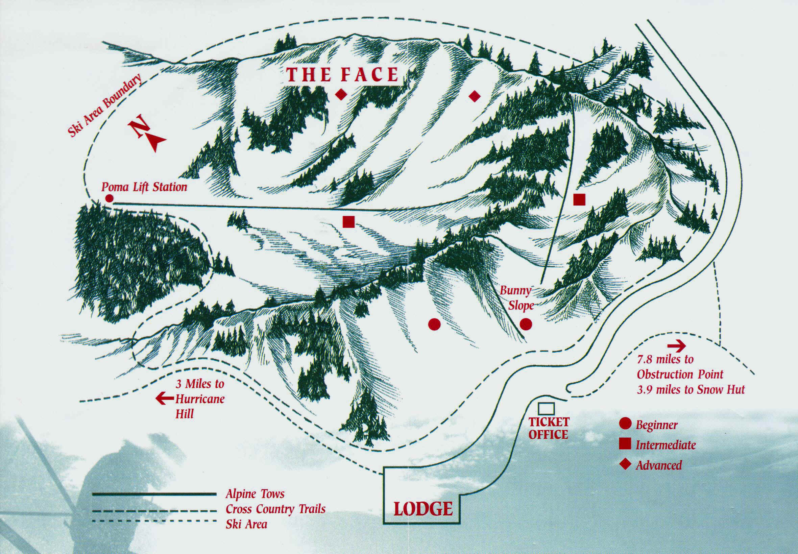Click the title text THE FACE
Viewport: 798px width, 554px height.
coord(343,75)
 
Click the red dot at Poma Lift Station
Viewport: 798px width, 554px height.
coord(109,198)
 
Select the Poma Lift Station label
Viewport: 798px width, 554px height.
coord(144,187)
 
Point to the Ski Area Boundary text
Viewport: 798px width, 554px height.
coord(105,106)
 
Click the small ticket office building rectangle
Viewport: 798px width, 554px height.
coord(546,409)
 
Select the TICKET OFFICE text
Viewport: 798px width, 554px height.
coord(549,428)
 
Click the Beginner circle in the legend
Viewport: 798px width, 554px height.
coord(625,425)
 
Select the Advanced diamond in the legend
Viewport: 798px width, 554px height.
coord(625,464)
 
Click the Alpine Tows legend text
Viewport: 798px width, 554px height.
coord(255,494)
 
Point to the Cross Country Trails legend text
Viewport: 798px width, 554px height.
coord(275,509)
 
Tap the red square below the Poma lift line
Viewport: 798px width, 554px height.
coord(348,221)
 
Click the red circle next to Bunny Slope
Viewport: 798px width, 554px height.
coord(526,324)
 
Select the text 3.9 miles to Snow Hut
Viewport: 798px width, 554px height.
coord(691,389)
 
